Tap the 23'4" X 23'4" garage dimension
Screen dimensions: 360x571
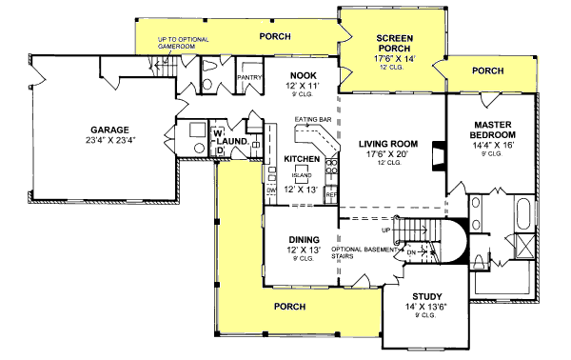tap(111, 140)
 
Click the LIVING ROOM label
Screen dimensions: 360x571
tap(390, 144)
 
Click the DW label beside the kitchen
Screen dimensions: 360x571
tap(271, 191)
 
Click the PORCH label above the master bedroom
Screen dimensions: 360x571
tap(487, 70)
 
